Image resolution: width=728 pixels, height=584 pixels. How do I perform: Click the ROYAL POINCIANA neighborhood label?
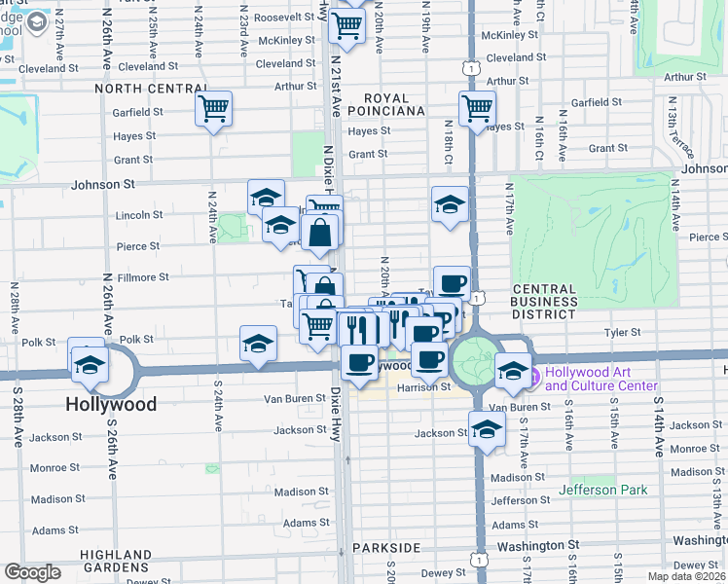point(394,104)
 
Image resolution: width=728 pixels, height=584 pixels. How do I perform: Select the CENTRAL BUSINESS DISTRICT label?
point(544,301)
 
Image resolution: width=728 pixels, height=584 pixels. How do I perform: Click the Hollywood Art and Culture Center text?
point(601,380)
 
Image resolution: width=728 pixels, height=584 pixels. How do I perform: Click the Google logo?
point(32,572)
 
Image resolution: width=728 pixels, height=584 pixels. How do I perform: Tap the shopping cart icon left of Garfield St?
point(213,107)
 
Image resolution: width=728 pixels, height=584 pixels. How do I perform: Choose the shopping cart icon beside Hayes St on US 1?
point(477,108)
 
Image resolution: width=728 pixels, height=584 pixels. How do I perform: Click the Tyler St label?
point(622,332)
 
